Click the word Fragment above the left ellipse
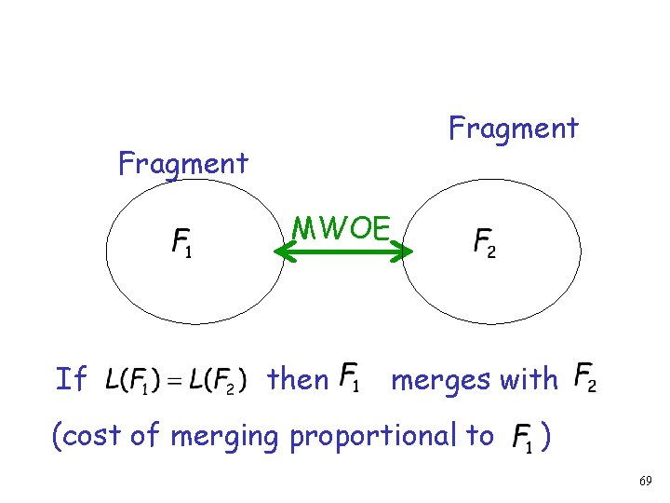click(x=183, y=164)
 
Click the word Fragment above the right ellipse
click(x=514, y=128)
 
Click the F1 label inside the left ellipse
click(x=182, y=245)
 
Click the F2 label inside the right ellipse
click(x=485, y=245)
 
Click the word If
click(x=71, y=379)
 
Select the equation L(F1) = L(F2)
click(x=176, y=380)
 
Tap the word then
click(x=298, y=379)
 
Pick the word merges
click(x=440, y=380)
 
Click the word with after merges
click(x=528, y=379)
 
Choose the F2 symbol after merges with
click(x=585, y=376)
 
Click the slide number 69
click(x=646, y=481)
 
